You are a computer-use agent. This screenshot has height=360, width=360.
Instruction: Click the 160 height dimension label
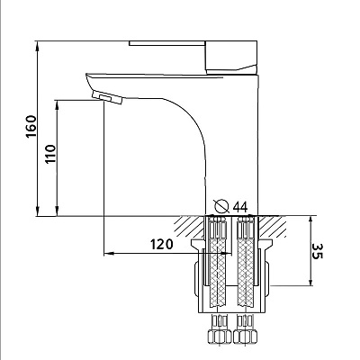(x=31, y=126)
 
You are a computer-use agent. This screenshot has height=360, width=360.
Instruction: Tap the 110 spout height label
(x=50, y=154)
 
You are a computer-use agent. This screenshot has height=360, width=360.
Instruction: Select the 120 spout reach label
(x=162, y=244)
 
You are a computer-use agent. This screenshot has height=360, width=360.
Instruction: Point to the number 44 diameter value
(x=240, y=206)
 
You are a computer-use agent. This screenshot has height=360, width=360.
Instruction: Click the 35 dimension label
(x=317, y=251)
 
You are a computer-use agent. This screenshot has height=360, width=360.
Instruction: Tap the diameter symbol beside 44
(x=222, y=206)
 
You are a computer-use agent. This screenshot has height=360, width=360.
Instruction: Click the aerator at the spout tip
(x=107, y=97)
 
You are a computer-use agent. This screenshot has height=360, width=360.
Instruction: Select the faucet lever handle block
(x=231, y=58)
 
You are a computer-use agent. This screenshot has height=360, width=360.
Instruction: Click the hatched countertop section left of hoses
(x=190, y=226)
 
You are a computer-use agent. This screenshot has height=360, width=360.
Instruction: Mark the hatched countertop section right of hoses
(x=272, y=226)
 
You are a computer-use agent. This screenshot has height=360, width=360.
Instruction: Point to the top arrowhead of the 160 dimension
(x=38, y=45)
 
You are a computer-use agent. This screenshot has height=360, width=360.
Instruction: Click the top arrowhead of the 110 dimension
(x=57, y=105)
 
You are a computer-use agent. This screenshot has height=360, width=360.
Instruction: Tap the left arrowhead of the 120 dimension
(x=109, y=254)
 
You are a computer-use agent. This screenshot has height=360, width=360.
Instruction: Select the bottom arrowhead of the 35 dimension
(x=310, y=281)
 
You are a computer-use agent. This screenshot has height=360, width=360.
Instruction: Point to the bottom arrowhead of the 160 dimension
(x=38, y=211)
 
